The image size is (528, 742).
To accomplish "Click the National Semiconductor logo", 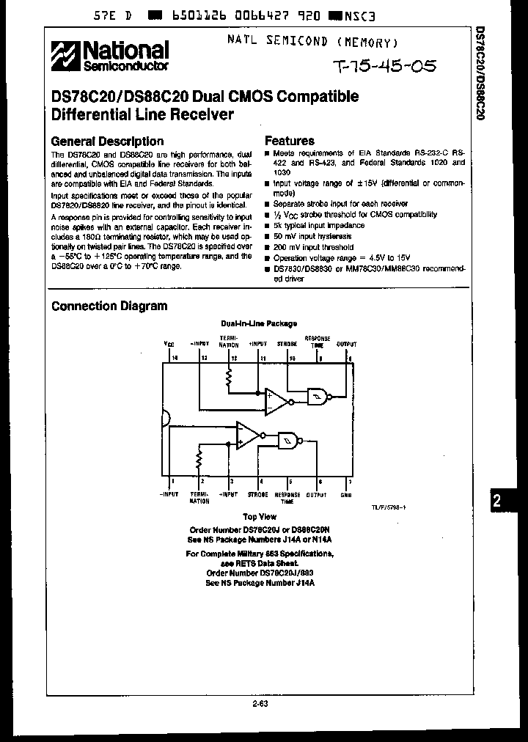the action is pyautogui.click(x=110, y=56).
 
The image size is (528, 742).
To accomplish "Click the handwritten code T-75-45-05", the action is pyautogui.click(x=384, y=67).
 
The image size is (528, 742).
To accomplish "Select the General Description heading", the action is pyautogui.click(x=107, y=141).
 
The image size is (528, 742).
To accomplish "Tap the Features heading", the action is pyautogui.click(x=290, y=141).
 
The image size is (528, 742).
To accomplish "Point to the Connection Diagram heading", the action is pyautogui.click(x=109, y=306).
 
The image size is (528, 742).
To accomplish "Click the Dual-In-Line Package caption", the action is pyautogui.click(x=259, y=323).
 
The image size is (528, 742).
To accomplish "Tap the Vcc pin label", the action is pyautogui.click(x=169, y=344).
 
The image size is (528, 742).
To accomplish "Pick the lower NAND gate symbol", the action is pyautogui.click(x=288, y=440).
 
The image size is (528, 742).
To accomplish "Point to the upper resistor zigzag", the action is pyautogui.click(x=229, y=377).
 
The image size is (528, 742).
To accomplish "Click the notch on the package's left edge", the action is pyautogui.click(x=166, y=418).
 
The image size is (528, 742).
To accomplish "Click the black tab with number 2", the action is pyautogui.click(x=497, y=501).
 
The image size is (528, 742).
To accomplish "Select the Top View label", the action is pyautogui.click(x=259, y=517).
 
